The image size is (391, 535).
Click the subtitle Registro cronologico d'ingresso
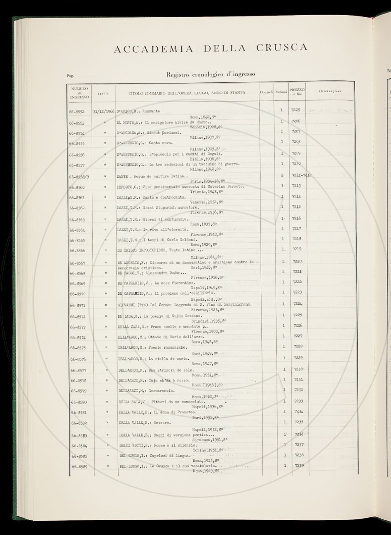click(211, 74)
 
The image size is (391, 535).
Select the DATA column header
click(103, 93)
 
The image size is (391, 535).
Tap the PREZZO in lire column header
click(297, 91)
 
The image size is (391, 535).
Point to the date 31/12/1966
click(104, 111)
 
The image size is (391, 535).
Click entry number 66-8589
click(78, 467)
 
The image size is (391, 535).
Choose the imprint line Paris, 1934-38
click(206, 181)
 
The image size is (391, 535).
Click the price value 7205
click(296, 110)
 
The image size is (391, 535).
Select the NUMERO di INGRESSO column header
click(80, 93)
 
